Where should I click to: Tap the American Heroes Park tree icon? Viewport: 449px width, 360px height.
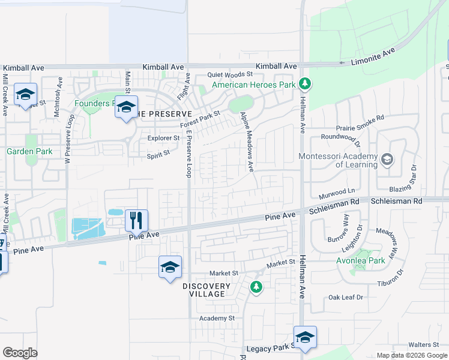tap(305, 83)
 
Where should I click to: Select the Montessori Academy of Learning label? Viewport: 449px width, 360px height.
tap(339, 160)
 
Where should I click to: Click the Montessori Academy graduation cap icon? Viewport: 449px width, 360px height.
tap(387, 159)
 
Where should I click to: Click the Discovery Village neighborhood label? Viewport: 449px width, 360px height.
tap(206, 290)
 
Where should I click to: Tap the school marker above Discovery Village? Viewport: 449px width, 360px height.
tap(170, 267)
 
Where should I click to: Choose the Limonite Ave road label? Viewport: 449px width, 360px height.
tap(373, 57)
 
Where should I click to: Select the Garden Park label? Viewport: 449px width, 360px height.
tap(29, 151)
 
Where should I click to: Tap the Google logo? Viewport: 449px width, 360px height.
tap(20, 353)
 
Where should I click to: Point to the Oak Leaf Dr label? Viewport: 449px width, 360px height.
tap(346, 298)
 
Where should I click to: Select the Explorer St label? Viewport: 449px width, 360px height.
tap(163, 138)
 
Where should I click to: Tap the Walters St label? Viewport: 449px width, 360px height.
tap(424, 345)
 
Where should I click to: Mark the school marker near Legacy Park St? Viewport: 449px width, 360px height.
tap(305, 338)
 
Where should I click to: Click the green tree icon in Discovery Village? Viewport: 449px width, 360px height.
tap(256, 287)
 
